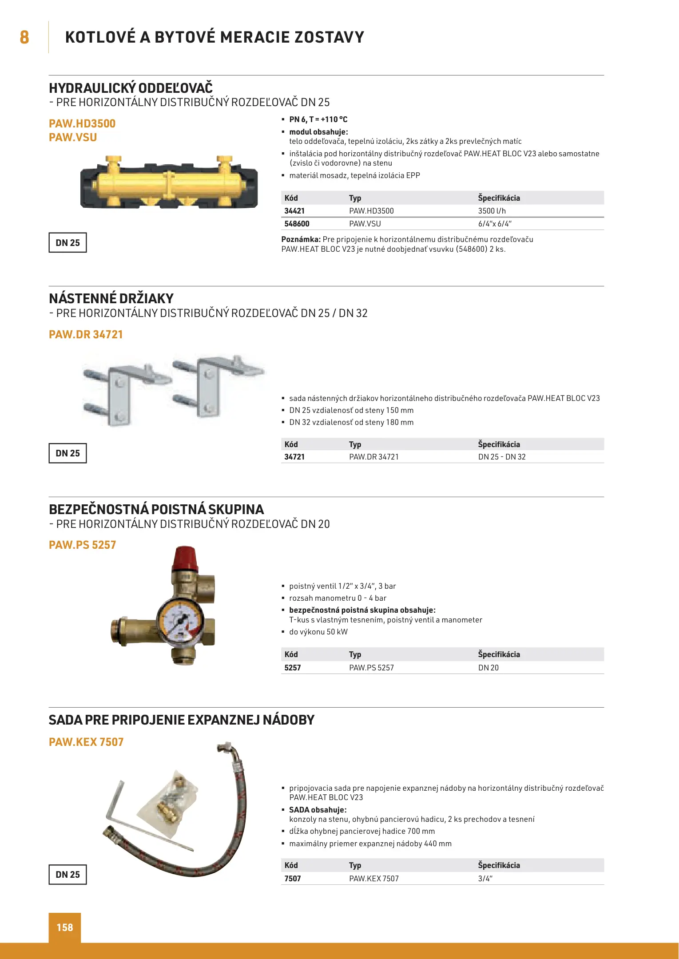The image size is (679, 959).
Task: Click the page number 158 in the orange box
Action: coord(65,927)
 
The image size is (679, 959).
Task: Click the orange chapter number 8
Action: coord(24,37)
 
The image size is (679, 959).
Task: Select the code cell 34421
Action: coord(294,211)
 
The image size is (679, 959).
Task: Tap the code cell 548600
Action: coord(297,224)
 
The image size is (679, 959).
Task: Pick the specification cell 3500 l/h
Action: coord(492,211)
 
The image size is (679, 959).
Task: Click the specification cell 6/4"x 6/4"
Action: coord(495,224)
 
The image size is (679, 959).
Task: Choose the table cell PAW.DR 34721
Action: coord(373,457)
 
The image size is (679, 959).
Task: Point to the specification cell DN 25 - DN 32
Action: coord(501,457)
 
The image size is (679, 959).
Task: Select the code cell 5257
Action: coord(293,668)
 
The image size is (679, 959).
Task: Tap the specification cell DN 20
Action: coord(488,668)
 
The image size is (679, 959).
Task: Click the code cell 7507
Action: coord(293,879)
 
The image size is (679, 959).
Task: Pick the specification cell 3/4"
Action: coord(485,879)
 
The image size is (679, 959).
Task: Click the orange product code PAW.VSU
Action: coord(73,138)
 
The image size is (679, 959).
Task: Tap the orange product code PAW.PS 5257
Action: coord(82,545)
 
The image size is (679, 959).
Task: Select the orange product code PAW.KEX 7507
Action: coord(86,742)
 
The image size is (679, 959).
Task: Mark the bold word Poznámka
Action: coord(301,239)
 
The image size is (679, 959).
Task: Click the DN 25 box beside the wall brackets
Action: coord(68,453)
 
